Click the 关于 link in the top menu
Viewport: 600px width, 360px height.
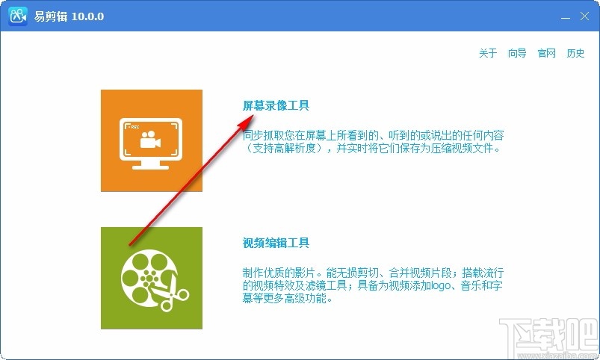488,54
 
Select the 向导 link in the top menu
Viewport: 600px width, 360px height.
517,54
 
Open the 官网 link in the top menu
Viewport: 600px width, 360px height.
547,54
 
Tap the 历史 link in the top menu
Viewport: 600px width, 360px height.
575,54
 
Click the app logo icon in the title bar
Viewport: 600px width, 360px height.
18,16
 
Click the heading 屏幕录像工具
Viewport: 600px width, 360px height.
276,105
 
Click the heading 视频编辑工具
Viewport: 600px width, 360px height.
276,243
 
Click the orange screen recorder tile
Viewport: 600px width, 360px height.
152,140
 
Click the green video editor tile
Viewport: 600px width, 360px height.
152,278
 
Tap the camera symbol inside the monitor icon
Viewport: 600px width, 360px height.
152,139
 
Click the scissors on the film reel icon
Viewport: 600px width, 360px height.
175,297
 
